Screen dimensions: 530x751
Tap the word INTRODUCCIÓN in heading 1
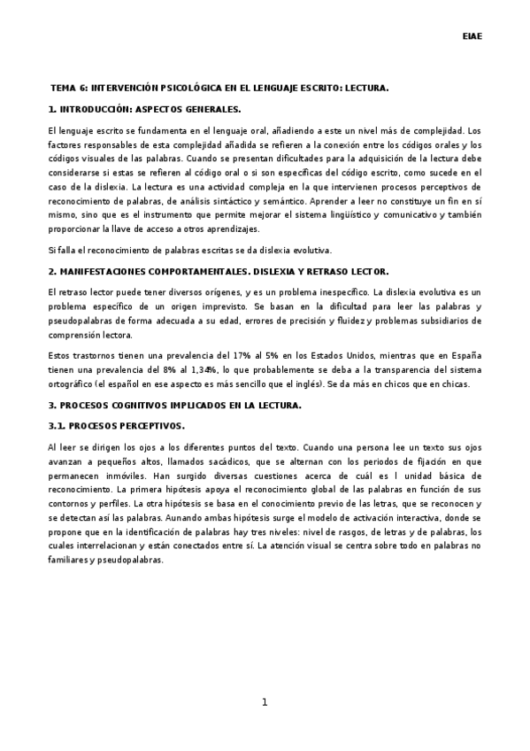pos(98,109)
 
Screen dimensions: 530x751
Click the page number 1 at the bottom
pos(265,702)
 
